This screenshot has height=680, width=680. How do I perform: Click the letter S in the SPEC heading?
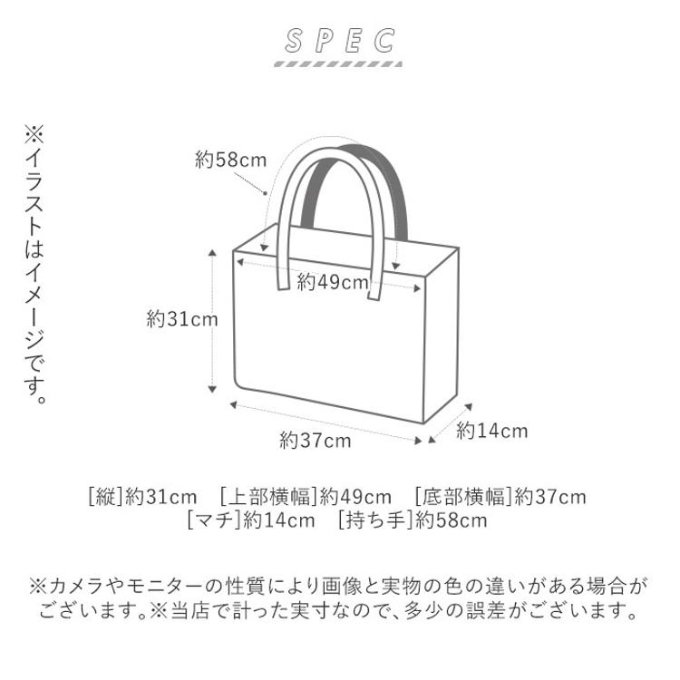[x=294, y=41]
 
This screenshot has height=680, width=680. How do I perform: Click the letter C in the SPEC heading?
[x=384, y=41]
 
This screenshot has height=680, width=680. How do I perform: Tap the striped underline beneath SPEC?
[x=339, y=64]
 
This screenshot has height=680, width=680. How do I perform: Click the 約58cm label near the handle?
[x=230, y=160]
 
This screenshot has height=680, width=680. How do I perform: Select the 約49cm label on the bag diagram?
[x=333, y=283]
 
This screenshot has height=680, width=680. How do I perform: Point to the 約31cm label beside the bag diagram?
[x=182, y=320]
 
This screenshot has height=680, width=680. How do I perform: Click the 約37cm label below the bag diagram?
[x=316, y=441]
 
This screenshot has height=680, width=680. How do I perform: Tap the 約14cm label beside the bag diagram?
[x=491, y=431]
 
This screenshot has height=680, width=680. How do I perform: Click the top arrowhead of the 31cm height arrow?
[x=212, y=253]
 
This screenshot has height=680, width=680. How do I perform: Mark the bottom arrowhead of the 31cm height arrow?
[x=212, y=389]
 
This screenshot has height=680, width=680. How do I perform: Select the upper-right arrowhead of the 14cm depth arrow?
[x=468, y=407]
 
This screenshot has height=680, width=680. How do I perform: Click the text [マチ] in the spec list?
[x=214, y=520]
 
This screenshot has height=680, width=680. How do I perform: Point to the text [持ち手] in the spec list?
[x=374, y=520]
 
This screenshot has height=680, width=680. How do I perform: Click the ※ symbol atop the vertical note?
[x=34, y=134]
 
